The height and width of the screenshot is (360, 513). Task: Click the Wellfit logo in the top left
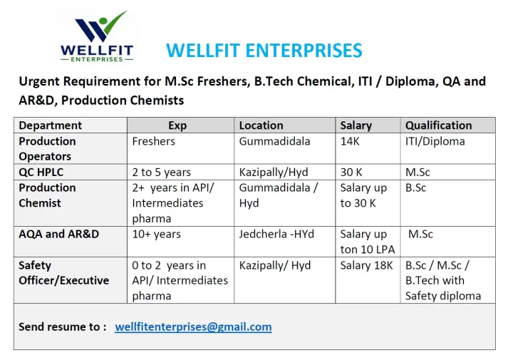(x=97, y=36)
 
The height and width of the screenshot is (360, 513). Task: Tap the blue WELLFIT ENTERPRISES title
(x=264, y=51)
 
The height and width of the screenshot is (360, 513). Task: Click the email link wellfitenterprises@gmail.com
(x=193, y=326)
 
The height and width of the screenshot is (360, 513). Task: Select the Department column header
(x=51, y=125)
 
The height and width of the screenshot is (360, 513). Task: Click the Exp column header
(x=177, y=125)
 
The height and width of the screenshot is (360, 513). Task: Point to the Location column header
(x=261, y=125)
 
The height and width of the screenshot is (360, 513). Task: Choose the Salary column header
(x=356, y=125)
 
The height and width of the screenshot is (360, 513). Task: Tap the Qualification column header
(x=438, y=125)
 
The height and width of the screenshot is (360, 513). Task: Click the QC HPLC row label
(x=41, y=172)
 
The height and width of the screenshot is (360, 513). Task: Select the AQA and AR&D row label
(x=59, y=234)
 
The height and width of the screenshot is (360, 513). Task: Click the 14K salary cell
(x=350, y=141)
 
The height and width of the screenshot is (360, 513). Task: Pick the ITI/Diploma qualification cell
(x=435, y=141)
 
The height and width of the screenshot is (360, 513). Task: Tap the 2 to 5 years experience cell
(x=161, y=172)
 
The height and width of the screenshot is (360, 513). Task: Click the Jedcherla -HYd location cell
(x=276, y=234)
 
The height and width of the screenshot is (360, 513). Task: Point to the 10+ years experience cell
(x=156, y=235)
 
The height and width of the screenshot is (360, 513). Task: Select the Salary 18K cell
(x=366, y=265)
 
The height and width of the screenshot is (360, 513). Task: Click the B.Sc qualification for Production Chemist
(x=415, y=188)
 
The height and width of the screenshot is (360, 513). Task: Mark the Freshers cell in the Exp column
(x=153, y=141)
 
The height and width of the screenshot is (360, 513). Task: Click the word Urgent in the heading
(x=39, y=81)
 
